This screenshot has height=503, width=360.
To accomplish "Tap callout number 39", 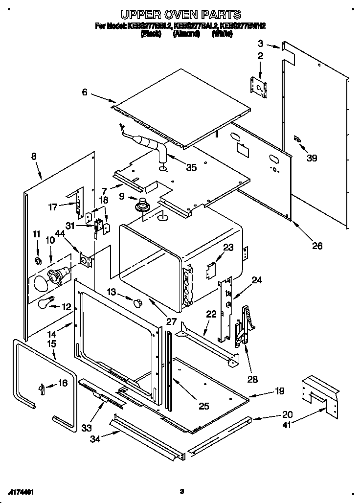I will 312,158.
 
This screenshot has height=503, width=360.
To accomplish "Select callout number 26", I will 317,246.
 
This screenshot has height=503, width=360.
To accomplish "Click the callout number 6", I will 85,92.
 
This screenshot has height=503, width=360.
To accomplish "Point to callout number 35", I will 191,167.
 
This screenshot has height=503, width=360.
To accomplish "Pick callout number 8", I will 34,157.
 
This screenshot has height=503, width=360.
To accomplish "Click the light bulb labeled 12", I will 46,303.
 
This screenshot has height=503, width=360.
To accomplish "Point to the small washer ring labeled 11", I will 38,256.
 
